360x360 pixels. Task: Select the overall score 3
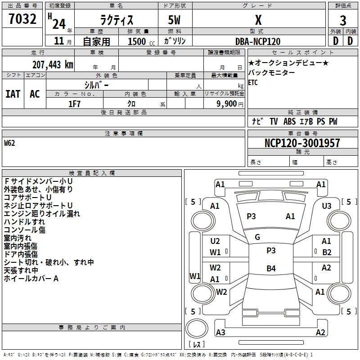point(343,20)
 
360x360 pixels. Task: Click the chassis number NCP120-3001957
point(302,143)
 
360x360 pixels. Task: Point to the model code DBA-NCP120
point(258,41)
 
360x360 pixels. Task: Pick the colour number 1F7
point(74,103)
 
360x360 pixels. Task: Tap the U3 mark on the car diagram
point(327,206)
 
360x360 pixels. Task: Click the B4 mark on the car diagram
point(271,269)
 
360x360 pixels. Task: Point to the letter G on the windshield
point(257,237)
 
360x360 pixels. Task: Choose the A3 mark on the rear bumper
point(220,333)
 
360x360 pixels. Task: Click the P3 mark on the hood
point(251,216)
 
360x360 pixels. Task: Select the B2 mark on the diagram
point(327,252)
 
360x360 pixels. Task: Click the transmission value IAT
point(13,94)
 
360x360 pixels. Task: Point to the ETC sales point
point(253,82)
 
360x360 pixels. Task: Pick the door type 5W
point(175,21)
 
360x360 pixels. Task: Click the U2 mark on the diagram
point(215,241)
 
